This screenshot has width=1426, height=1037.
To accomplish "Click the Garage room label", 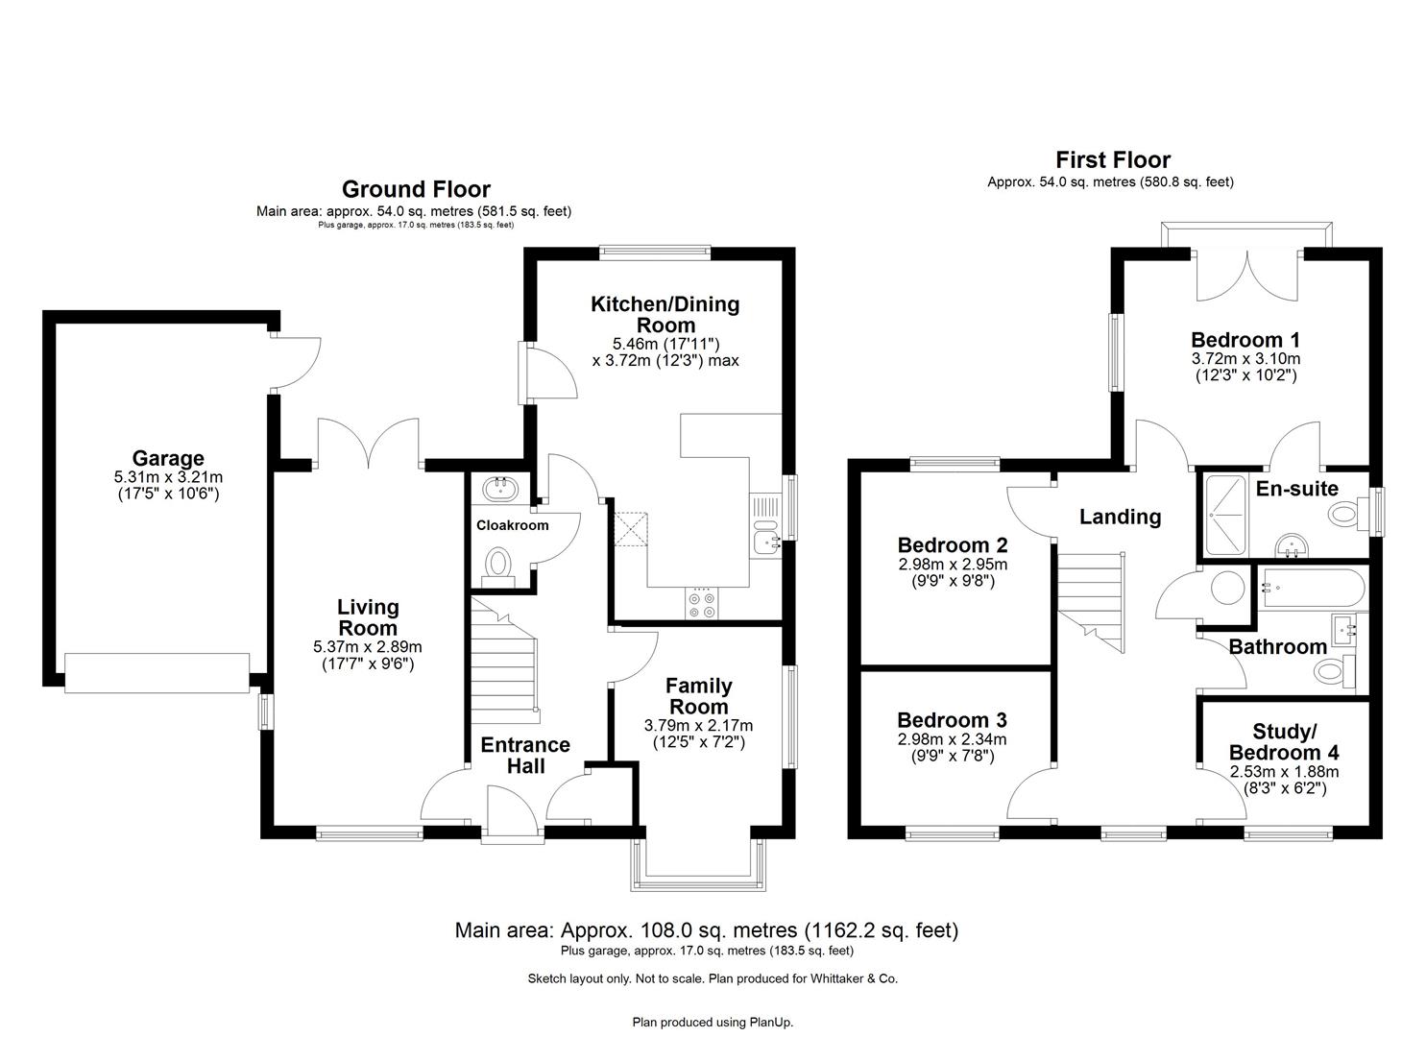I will coord(168,459).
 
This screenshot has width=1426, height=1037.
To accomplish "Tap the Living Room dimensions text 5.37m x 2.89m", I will coord(368,646).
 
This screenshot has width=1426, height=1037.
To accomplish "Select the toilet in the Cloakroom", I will coord(497,564).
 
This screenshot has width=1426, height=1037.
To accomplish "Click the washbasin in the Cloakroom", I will coord(499,490).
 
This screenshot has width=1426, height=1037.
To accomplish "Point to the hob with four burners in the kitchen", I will coord(700,603).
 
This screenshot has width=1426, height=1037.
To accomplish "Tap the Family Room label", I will coord(698,696).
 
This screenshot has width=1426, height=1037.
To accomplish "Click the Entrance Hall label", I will coord(525,756).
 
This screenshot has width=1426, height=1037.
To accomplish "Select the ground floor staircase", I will coord(504,663).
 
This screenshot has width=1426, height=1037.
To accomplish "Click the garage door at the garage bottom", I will coord(157,672).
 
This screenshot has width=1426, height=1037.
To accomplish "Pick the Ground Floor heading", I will coord(416,189).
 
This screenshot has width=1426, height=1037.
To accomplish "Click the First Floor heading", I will coord(1113,159).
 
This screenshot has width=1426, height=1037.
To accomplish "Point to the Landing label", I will coord(1120,517).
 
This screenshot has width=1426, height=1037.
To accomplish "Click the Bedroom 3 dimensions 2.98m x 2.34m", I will coord(952,739).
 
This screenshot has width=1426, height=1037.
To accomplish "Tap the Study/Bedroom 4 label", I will coord(1284,742).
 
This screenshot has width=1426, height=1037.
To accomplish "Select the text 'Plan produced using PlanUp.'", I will coord(713,1022).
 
